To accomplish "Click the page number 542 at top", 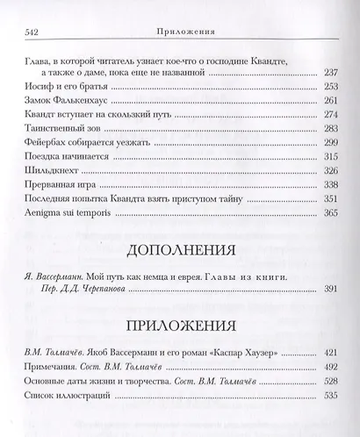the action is [27, 34].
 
